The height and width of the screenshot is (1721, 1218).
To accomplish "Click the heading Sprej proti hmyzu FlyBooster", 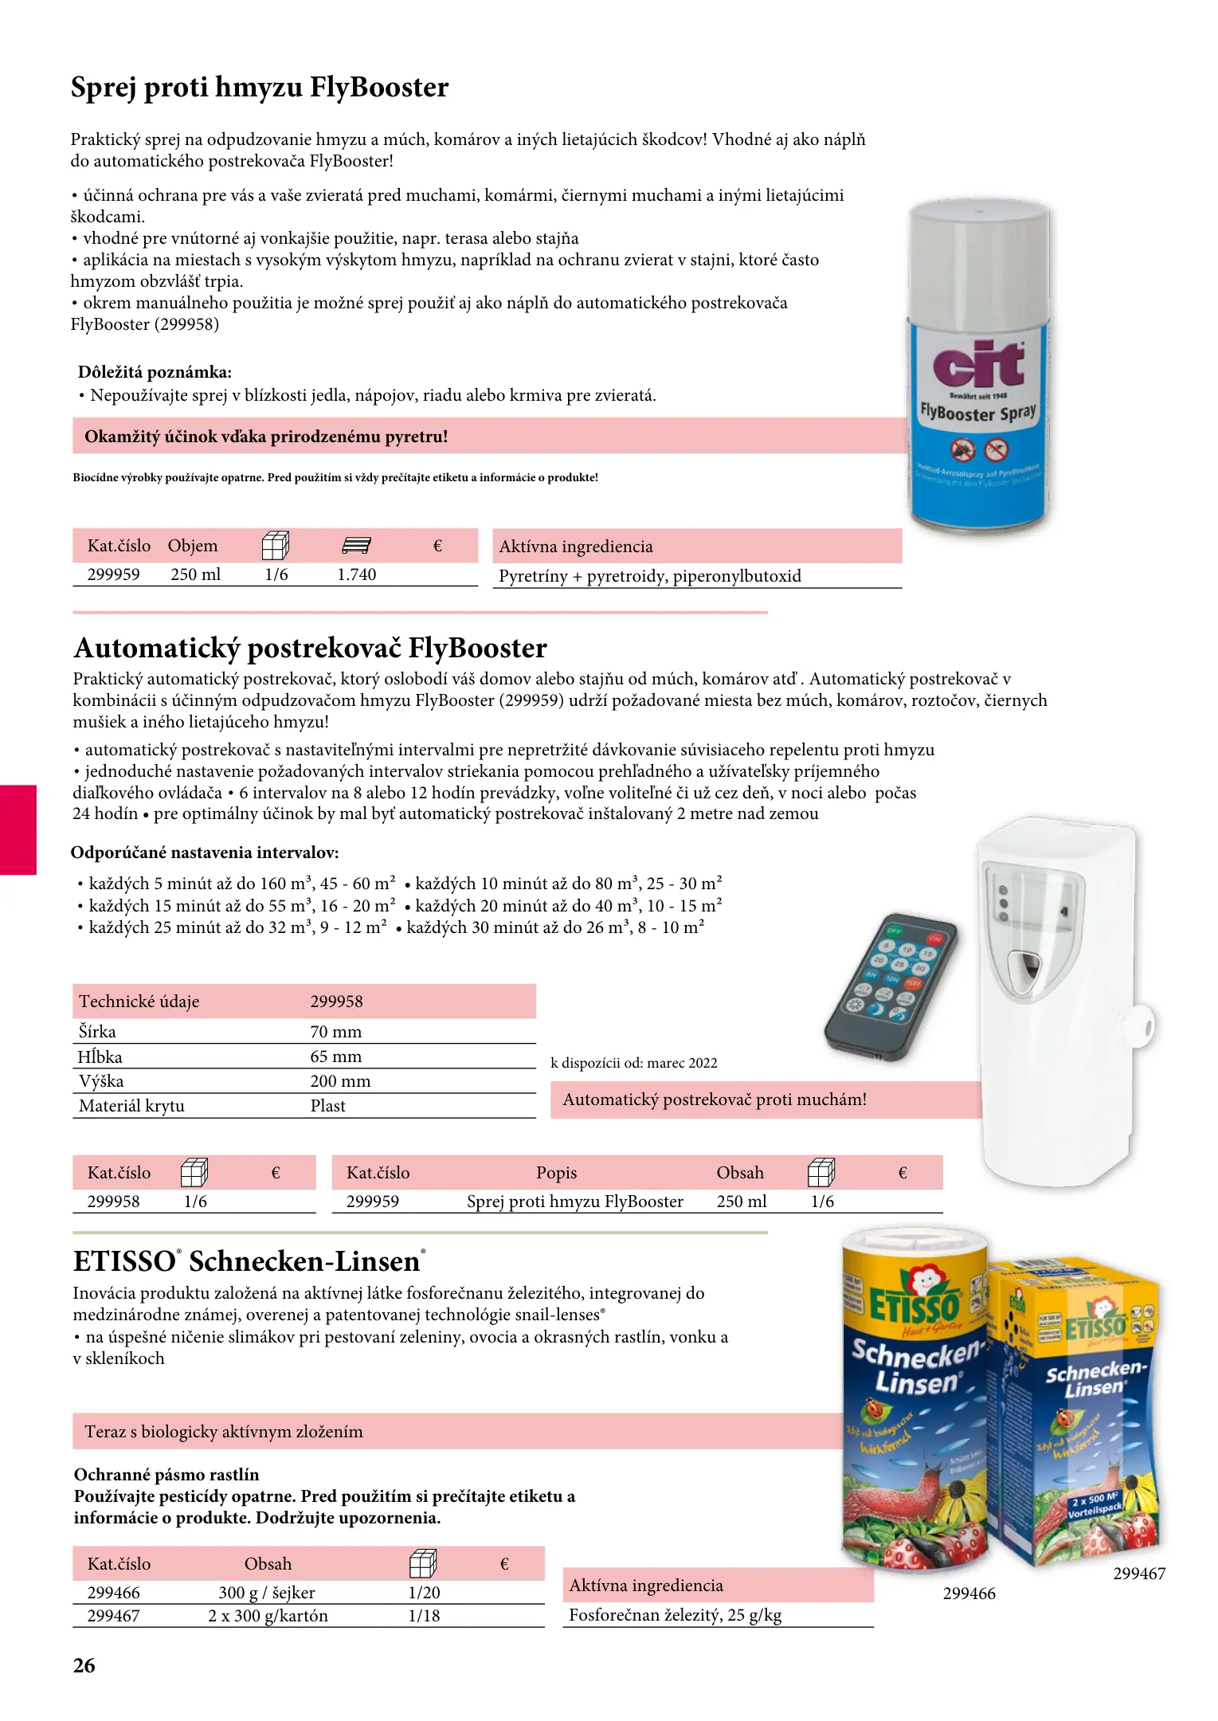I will coord(260,88).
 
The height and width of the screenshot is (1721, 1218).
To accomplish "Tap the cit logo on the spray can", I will coord(978,365).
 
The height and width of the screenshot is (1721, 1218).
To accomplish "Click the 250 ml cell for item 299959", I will coord(195,574).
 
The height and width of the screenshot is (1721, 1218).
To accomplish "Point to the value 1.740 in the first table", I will coord(356,574).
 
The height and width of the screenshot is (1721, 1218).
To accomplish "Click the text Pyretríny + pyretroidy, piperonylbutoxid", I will coord(650,576).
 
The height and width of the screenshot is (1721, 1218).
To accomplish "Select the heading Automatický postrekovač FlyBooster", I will coord(310,648).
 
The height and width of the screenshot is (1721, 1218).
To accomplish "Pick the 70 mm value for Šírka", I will coord(335,1032).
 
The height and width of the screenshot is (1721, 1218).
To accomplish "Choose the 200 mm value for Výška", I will coord(340,1081).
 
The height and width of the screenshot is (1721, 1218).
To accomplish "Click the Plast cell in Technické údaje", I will coord(327,1106).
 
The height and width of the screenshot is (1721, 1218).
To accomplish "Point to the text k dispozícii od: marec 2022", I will coord(634,1063).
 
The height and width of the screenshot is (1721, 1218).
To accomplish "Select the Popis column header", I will coord(556,1173).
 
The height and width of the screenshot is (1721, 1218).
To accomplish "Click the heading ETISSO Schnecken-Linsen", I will coord(249,1262).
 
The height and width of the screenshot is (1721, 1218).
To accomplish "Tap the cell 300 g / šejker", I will coord(267,1593).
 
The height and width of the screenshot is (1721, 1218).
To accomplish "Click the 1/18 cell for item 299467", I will coord(424,1616).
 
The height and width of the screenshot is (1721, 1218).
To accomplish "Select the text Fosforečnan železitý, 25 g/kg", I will coord(675,1615).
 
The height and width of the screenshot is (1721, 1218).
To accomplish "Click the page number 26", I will coord(84,1666).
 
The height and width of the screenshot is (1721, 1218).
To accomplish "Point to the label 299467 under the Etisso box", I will coord(1139,1574).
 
